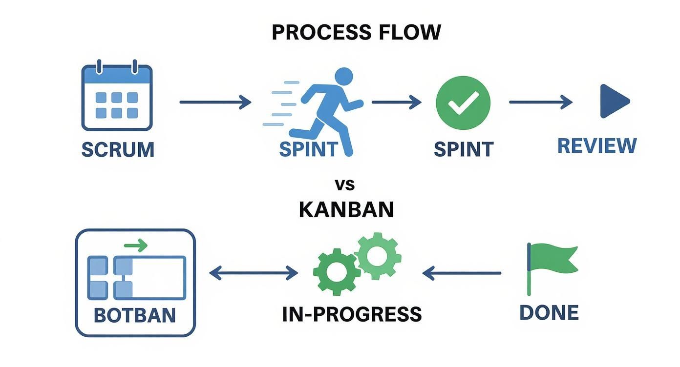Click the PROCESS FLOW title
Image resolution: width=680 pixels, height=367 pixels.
(x=356, y=32)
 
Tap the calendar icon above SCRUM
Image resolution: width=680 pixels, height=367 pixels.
(x=117, y=97)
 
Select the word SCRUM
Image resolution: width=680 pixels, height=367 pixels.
(x=118, y=149)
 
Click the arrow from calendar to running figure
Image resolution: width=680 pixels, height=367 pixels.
(x=215, y=102)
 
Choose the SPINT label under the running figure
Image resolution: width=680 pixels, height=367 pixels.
(x=308, y=149)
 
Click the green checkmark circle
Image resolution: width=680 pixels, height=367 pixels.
(x=463, y=103)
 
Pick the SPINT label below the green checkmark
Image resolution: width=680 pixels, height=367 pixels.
(x=463, y=149)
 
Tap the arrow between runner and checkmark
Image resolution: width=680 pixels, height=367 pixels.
(x=396, y=102)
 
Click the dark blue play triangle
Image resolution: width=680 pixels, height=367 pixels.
(x=614, y=101)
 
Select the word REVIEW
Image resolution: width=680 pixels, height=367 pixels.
(x=597, y=146)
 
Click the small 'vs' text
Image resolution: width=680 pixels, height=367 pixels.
(x=344, y=184)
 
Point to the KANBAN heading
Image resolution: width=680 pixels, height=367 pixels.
(x=346, y=210)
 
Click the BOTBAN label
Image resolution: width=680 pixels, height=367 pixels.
(x=134, y=315)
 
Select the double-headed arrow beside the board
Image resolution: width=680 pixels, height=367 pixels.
(x=254, y=273)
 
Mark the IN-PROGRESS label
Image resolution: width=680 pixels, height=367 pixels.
(x=352, y=314)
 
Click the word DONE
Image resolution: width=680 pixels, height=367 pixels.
(x=549, y=312)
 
